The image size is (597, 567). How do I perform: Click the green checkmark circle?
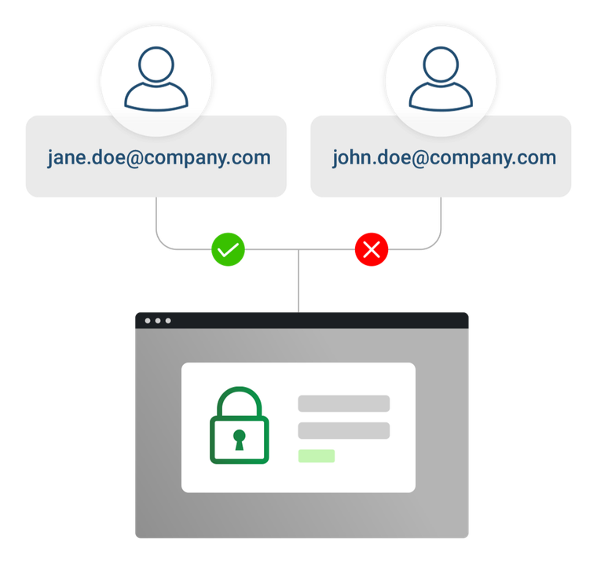pos(228,250)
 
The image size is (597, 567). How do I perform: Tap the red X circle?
pos(372,250)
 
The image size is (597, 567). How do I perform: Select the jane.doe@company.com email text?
pos(159,157)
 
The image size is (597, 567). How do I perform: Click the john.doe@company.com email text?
pos(444,157)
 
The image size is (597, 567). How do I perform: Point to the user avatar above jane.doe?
pos(156,78)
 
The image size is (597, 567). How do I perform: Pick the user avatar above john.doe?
pos(441,78)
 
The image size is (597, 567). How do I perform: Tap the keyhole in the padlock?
pos(239,439)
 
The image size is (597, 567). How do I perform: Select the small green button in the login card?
pos(316,456)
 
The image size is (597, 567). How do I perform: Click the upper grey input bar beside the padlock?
pos(343,403)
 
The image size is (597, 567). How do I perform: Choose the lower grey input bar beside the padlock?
pos(343,430)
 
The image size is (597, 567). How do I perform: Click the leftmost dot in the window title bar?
pos(146,321)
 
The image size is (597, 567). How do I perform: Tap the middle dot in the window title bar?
pos(157,321)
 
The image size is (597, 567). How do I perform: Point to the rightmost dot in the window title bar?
pos(167,321)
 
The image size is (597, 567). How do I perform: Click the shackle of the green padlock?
pos(239,396)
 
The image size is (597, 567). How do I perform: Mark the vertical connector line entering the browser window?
pos(298,283)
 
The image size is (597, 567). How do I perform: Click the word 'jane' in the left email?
pos(66,158)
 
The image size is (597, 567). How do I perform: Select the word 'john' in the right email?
pos(352,157)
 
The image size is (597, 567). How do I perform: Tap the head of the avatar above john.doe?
pos(441,62)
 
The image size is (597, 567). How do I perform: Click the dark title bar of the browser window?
pos(314,321)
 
